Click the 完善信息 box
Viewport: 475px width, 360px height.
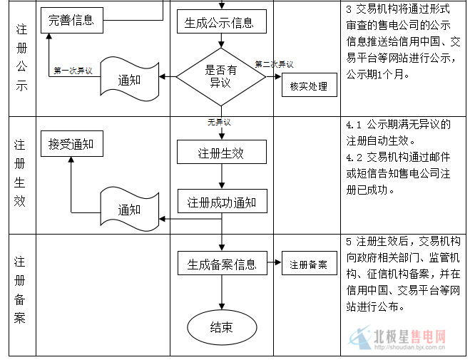71,20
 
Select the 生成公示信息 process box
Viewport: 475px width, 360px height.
222,22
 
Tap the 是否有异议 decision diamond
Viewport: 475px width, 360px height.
221,76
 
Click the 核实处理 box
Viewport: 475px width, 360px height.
308,87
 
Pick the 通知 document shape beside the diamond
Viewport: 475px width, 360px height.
128,79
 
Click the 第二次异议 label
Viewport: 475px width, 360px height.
274,63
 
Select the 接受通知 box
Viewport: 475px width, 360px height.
71,145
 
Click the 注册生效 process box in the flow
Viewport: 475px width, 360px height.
222,153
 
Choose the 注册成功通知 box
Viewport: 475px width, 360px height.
222,202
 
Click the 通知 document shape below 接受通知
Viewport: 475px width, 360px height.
128,209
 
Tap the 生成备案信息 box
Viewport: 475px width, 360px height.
222,264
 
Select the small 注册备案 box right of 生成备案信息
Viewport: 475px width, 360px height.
308,264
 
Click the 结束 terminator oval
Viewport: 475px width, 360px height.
221,327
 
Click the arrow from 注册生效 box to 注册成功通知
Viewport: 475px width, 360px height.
222,177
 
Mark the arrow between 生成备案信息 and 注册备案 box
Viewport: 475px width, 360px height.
275,264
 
